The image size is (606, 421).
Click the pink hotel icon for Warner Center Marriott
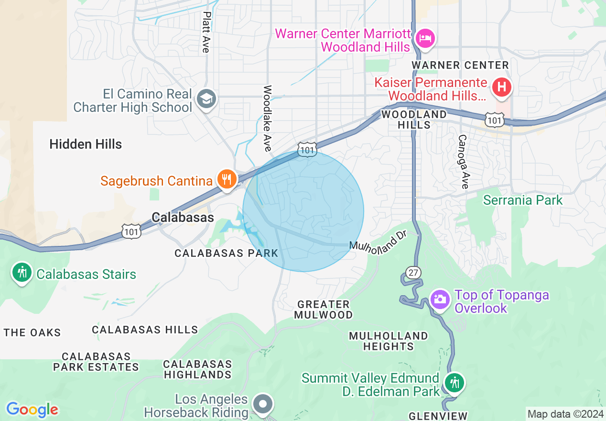425,38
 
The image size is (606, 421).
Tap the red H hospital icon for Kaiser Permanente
502,87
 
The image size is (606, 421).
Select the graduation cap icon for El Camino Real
206,99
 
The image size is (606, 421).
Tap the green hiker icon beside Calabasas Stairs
22,272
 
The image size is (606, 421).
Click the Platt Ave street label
206,32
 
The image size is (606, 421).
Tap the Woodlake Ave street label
267,118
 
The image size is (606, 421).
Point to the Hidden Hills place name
86,144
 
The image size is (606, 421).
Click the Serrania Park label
523,199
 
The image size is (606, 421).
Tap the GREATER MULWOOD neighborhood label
324,310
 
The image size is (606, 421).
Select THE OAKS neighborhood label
32,332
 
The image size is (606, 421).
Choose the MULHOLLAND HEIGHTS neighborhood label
388,341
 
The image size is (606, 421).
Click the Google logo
32,410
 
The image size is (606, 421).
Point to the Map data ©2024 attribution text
565,413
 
